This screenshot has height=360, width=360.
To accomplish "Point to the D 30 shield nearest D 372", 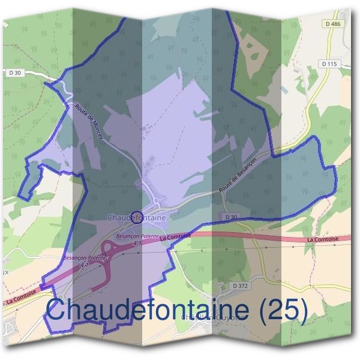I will coord(232,216).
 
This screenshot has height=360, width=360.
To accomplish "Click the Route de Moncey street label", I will coord(89,122).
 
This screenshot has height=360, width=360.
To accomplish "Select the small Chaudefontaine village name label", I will coord(136,217).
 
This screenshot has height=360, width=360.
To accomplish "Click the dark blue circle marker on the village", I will coord(136,217).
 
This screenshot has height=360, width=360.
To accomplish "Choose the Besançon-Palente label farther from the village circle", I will coord(84,258).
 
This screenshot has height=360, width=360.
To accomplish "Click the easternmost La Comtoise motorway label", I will coord(322,239).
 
